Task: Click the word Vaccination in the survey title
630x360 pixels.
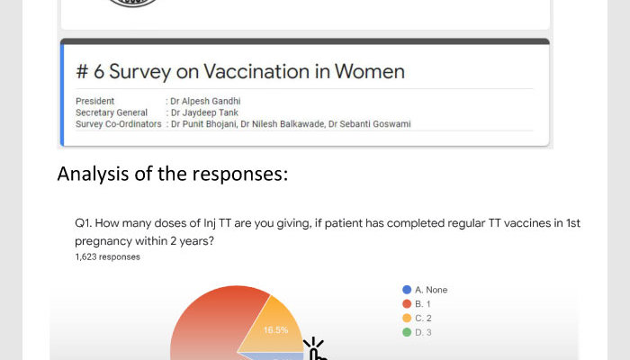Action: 256,71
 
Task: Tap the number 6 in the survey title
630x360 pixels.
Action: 99,72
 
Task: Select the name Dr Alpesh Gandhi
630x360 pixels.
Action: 205,101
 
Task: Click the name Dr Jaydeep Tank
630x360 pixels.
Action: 204,112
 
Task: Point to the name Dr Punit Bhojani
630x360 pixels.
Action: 203,124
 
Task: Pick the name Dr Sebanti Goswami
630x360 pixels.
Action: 370,124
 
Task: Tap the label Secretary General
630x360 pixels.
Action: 112,112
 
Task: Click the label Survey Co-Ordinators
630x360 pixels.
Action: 119,124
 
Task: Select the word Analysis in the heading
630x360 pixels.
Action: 93,175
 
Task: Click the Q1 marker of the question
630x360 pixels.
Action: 83,223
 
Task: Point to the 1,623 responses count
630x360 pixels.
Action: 107,257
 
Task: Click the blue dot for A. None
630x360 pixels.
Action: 407,290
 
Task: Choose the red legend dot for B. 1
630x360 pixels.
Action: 407,304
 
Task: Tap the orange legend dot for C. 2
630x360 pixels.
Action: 407,318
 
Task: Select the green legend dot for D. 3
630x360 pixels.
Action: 407,332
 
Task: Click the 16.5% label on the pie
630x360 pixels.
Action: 275,330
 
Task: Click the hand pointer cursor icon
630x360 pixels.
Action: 316,349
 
